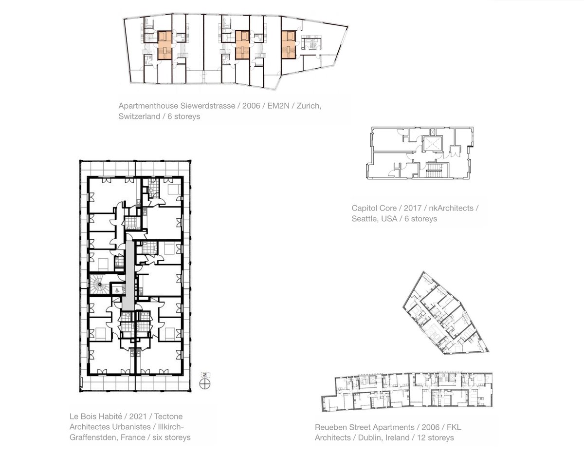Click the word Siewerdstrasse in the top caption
207,106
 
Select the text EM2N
278,106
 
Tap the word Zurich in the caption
309,106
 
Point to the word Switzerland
139,116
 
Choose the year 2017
413,208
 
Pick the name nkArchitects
451,208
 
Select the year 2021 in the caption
138,416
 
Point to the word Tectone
168,416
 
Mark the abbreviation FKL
454,427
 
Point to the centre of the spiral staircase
100,284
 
